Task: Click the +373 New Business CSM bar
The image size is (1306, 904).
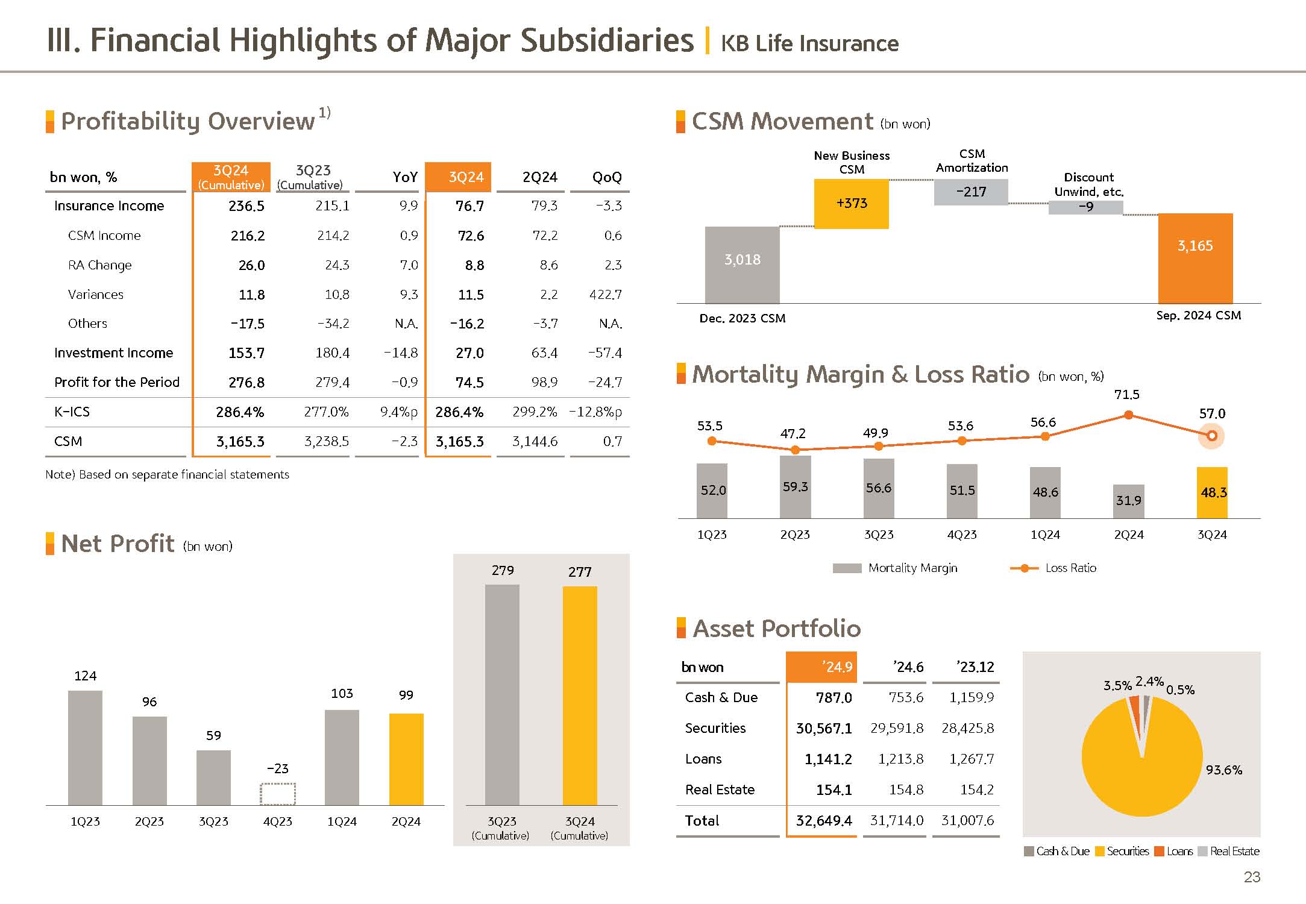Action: (x=851, y=204)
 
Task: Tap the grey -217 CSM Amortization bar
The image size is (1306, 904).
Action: (x=971, y=192)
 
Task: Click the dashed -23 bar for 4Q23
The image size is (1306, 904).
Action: (x=278, y=794)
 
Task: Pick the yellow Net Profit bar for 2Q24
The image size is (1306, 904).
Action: (x=406, y=759)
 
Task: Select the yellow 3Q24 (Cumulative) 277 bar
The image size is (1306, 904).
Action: (x=580, y=695)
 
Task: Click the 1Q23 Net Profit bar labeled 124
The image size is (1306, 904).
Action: (x=85, y=747)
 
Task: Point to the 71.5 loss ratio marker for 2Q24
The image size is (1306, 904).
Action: (x=1129, y=415)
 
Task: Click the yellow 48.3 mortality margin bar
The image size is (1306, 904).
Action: (x=1212, y=492)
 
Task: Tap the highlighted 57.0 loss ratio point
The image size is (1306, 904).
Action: (x=1212, y=436)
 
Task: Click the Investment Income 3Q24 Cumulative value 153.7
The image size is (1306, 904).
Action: (x=246, y=353)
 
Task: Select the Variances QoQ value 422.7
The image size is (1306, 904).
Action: (x=605, y=295)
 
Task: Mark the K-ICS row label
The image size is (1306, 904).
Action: (x=72, y=412)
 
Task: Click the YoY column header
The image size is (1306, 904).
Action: (x=405, y=177)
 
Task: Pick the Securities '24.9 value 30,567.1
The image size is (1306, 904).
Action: (x=824, y=729)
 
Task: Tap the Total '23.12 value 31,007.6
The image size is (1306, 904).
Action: (x=967, y=820)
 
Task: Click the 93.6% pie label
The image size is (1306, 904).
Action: (x=1223, y=770)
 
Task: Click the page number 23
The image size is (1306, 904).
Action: (x=1252, y=877)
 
